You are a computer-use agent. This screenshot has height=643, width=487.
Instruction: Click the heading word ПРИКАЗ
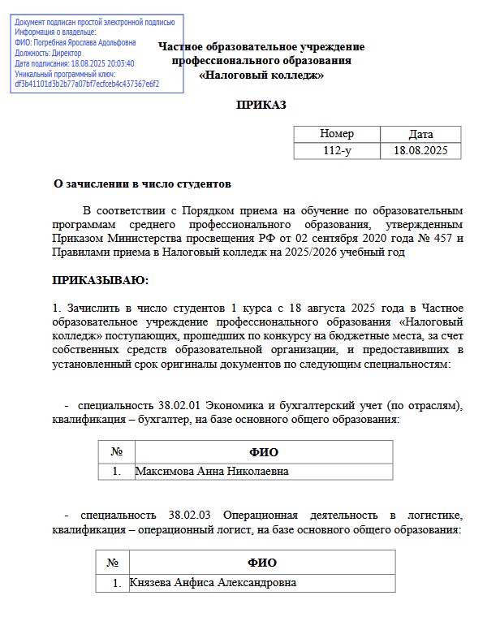pyautogui.click(x=261, y=105)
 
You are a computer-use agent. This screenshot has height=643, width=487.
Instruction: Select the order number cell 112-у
pyautogui.click(x=337, y=150)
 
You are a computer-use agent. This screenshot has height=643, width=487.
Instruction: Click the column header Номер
pyautogui.click(x=337, y=134)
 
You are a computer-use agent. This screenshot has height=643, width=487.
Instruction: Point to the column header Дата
pyautogui.click(x=420, y=134)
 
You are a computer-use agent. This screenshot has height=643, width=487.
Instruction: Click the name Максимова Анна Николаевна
pyautogui.click(x=211, y=471)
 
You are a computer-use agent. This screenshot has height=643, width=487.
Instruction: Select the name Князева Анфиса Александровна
pyautogui.click(x=213, y=582)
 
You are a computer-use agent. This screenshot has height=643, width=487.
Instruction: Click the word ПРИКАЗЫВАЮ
pyautogui.click(x=100, y=281)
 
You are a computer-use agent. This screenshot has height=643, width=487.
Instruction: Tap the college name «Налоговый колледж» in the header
pyautogui.click(x=261, y=76)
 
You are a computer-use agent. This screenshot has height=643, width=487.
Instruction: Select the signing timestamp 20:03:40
pyautogui.click(x=119, y=63)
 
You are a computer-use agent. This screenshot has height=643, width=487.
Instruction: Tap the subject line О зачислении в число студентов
pyautogui.click(x=142, y=184)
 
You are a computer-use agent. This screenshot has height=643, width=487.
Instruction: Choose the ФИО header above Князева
pyautogui.click(x=261, y=563)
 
